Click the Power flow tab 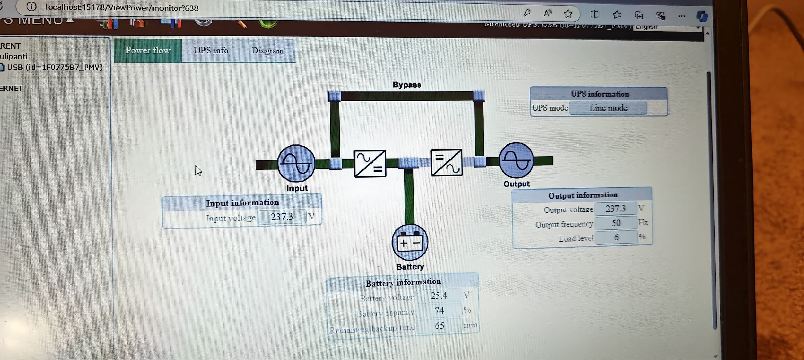pyautogui.click(x=148, y=51)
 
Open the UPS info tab pyautogui.click(x=211, y=51)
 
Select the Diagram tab pyautogui.click(x=267, y=51)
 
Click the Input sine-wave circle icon pyautogui.click(x=296, y=163)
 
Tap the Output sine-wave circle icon pyautogui.click(x=516, y=160)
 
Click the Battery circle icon pyautogui.click(x=410, y=242)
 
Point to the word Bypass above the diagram pyautogui.click(x=407, y=85)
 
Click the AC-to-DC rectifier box pyautogui.click(x=370, y=164)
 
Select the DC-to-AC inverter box pyautogui.click(x=446, y=163)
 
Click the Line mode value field pyautogui.click(x=608, y=108)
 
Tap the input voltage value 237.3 pyautogui.click(x=282, y=217)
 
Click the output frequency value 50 pyautogui.click(x=615, y=223)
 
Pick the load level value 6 pyautogui.click(x=616, y=237)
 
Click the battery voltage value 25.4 pyautogui.click(x=439, y=296)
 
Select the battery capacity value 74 pyautogui.click(x=439, y=311)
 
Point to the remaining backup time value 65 pyautogui.click(x=439, y=326)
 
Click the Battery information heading pyautogui.click(x=403, y=283)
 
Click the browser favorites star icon pyautogui.click(x=568, y=14)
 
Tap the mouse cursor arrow pyautogui.click(x=198, y=170)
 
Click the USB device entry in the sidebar pyautogui.click(x=54, y=67)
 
